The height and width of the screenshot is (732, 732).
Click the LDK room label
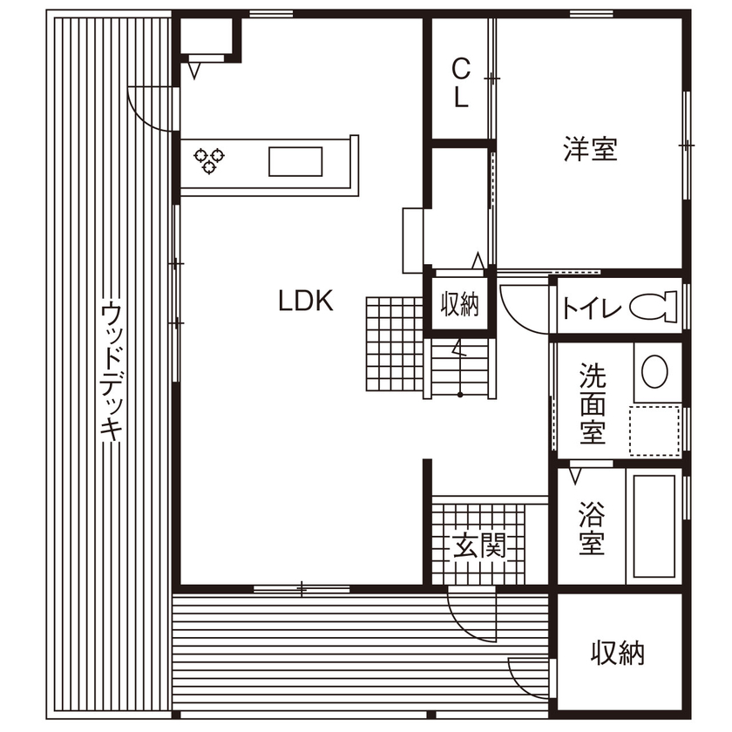306,302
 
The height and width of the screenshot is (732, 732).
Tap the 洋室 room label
590,150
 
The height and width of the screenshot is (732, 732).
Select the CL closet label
461,83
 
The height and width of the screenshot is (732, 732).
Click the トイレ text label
591,308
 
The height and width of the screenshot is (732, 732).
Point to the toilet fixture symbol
654,307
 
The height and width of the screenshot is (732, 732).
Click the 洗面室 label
593,403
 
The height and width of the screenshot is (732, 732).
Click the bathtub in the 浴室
654,527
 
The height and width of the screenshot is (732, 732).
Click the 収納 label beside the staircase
459,304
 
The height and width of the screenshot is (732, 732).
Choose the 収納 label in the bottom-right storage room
618,652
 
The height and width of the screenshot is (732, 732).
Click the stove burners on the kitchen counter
209,160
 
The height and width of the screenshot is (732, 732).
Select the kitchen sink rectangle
295,161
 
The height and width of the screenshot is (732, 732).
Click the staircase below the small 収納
460,368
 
